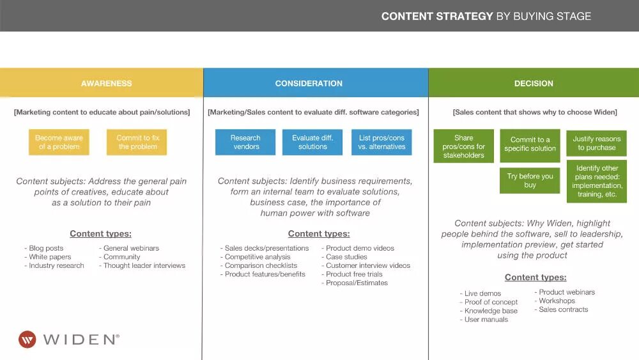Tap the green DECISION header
[534, 83]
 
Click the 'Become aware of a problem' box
[59, 142]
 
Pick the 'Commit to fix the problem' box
[137, 142]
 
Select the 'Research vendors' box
[245, 142]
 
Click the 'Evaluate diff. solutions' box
[312, 142]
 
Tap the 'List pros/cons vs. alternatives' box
[381, 142]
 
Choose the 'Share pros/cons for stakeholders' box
[464, 146]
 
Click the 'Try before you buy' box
[530, 180]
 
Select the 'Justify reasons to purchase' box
[596, 143]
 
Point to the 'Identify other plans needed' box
[597, 182]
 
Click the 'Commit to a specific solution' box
[530, 145]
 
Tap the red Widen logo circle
[27, 339]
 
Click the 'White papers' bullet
[50, 257]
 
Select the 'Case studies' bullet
[346, 257]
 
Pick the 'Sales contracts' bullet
[563, 309]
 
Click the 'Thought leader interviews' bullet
[144, 265]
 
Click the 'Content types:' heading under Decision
[535, 278]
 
